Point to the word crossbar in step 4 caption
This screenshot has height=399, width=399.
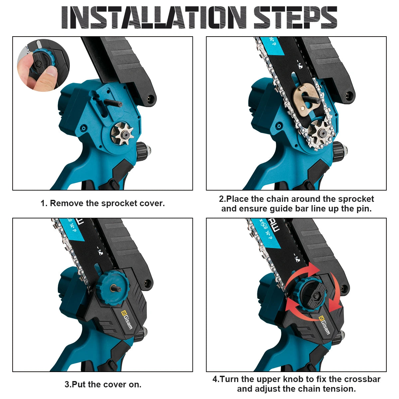coord(362,379)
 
